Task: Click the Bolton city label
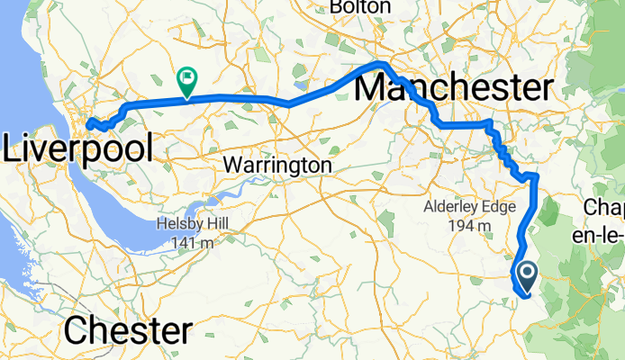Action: [359, 7]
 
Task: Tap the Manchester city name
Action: [454, 88]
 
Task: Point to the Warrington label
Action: [276, 166]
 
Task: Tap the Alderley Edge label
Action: [466, 208]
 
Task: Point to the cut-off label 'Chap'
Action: [605, 209]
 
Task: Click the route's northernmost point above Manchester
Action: [382, 64]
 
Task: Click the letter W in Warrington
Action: [231, 166]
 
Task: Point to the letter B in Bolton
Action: [336, 7]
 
